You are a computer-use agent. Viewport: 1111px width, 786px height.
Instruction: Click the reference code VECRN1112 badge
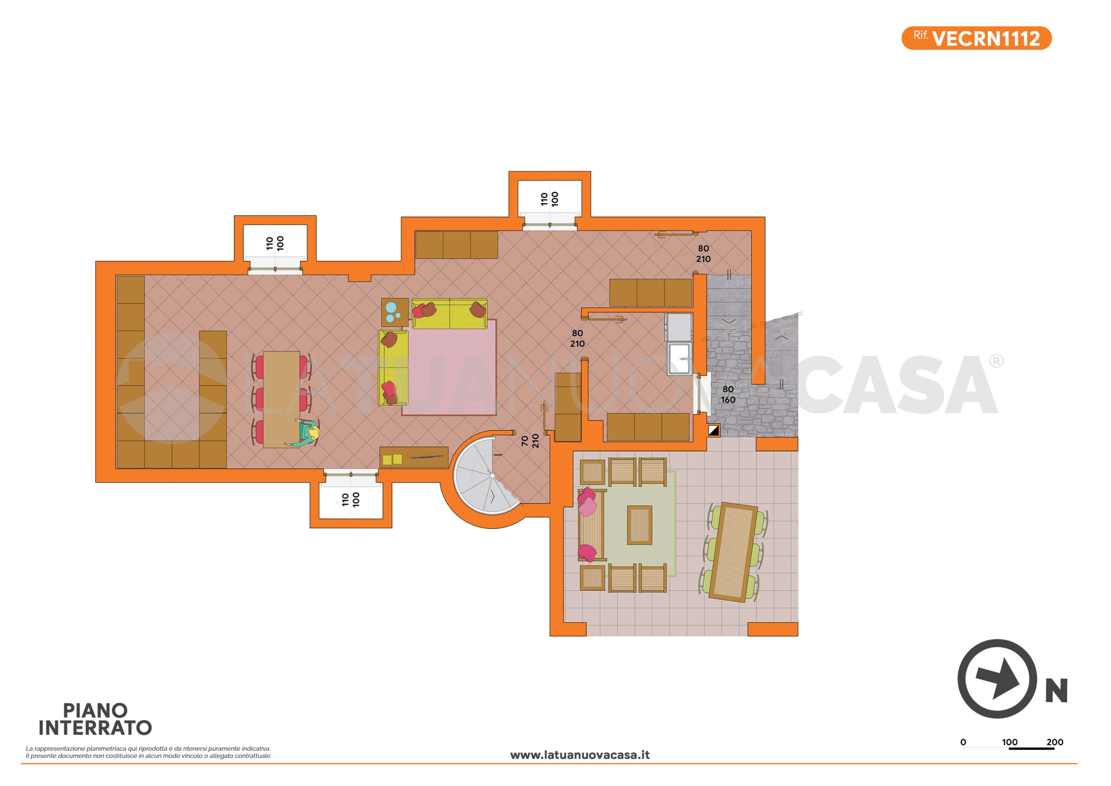point(976,38)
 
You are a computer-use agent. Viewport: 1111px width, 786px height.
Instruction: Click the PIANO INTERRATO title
point(95,719)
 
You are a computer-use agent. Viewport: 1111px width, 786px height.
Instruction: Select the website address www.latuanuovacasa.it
point(580,755)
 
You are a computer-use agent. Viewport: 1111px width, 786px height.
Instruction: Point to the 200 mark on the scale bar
point(1055,743)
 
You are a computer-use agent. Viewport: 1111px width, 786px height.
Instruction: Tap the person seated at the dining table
point(304,434)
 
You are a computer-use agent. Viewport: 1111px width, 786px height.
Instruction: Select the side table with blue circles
point(395,312)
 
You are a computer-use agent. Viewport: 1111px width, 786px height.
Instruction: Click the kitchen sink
point(680,358)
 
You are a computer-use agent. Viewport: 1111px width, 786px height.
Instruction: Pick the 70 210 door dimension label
point(530,441)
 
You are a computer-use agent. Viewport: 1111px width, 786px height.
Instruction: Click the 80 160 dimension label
point(728,395)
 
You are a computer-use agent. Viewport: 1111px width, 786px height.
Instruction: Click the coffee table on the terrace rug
point(640,525)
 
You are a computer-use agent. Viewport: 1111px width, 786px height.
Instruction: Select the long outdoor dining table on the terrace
point(733,552)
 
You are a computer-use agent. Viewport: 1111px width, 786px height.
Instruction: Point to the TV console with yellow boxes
point(414,457)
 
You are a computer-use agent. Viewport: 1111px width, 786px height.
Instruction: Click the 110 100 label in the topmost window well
point(549,199)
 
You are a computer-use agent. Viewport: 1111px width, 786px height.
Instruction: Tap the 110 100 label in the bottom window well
point(350,500)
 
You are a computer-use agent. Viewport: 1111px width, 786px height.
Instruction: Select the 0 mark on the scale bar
point(963,743)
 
